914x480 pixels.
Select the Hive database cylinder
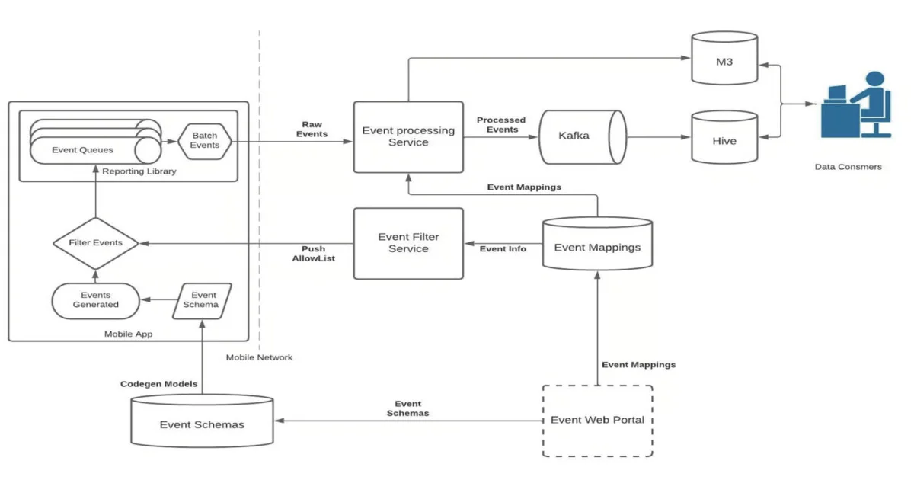(x=724, y=138)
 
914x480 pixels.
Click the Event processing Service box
(x=408, y=136)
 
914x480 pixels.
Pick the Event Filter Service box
(x=408, y=243)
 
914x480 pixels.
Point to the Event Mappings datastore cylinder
(x=597, y=245)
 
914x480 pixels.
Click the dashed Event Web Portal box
(x=597, y=421)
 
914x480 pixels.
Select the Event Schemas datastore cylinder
(x=202, y=421)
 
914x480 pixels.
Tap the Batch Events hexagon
(x=204, y=140)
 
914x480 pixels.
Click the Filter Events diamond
(x=96, y=243)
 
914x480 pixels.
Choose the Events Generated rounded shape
(x=96, y=300)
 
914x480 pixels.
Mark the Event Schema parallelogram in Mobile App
(x=204, y=299)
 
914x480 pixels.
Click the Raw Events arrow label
(x=312, y=129)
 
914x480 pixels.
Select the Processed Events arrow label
(x=500, y=125)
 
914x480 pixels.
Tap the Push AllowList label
(x=313, y=254)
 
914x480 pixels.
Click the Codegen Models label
(x=158, y=384)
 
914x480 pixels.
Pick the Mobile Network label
(x=259, y=357)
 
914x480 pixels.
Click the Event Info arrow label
(x=503, y=249)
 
